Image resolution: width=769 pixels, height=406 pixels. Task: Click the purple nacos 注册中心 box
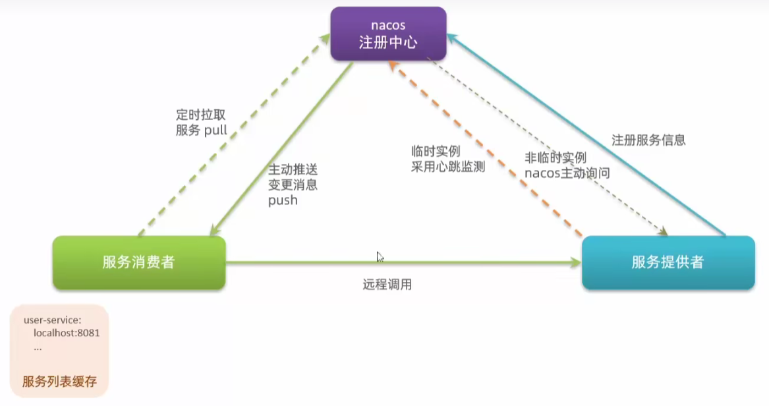(388, 34)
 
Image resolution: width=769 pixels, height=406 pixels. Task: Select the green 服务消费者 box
(139, 262)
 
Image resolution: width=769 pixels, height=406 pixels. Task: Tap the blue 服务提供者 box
(668, 262)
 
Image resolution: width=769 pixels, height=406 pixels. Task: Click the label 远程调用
(387, 285)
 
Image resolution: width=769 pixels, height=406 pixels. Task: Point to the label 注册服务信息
(648, 140)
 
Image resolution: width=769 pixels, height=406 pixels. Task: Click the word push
(283, 200)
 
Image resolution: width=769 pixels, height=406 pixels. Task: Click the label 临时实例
(434, 150)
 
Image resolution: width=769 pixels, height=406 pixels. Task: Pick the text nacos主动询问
(567, 173)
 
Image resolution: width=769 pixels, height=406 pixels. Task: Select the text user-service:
(53, 320)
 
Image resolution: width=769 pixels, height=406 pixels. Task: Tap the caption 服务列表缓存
(59, 382)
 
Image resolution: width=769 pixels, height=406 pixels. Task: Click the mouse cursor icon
(380, 257)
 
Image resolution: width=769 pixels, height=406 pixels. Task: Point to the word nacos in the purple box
(388, 25)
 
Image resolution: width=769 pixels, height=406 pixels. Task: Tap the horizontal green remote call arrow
(402, 262)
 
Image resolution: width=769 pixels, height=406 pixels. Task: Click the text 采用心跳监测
(447, 167)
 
